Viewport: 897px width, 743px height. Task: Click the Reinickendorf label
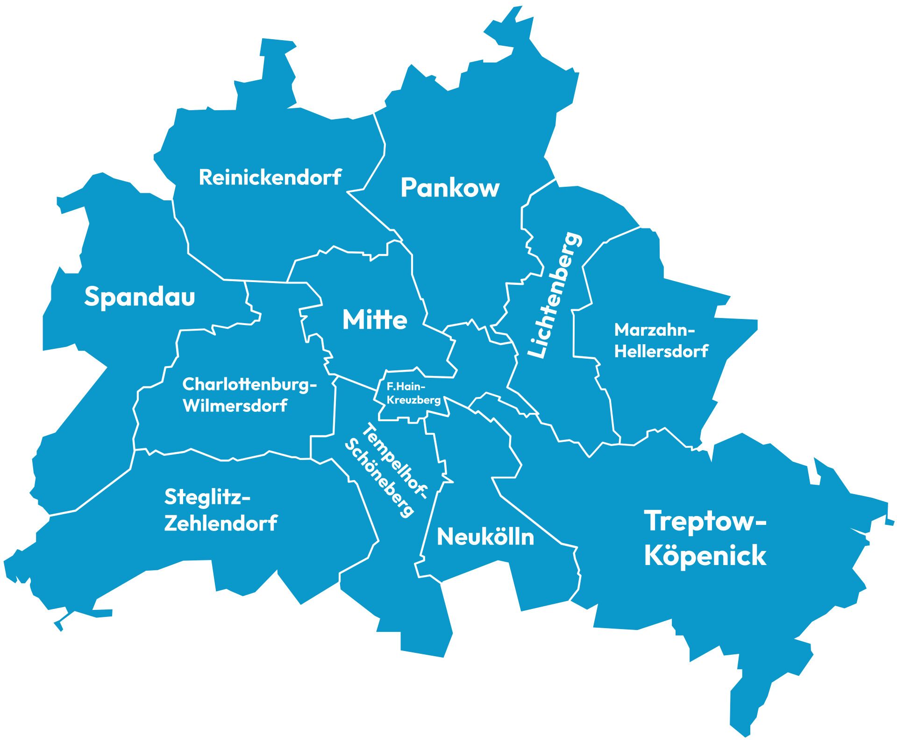click(270, 177)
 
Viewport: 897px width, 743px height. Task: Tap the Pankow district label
click(450, 188)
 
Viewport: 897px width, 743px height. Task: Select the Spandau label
click(139, 297)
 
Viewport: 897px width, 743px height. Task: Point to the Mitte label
click(375, 320)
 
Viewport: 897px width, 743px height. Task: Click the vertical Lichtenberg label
click(555, 295)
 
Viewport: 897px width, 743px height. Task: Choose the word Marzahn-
click(655, 330)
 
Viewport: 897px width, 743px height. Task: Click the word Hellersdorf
click(661, 351)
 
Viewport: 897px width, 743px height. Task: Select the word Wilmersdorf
click(235, 406)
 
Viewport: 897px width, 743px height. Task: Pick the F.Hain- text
click(405, 387)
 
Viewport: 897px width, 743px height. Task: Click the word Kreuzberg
click(414, 400)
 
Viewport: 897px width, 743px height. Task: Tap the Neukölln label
click(485, 538)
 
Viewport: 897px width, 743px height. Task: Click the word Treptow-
click(705, 521)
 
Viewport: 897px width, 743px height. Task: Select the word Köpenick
click(705, 556)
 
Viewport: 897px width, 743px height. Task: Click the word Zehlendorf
click(221, 524)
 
